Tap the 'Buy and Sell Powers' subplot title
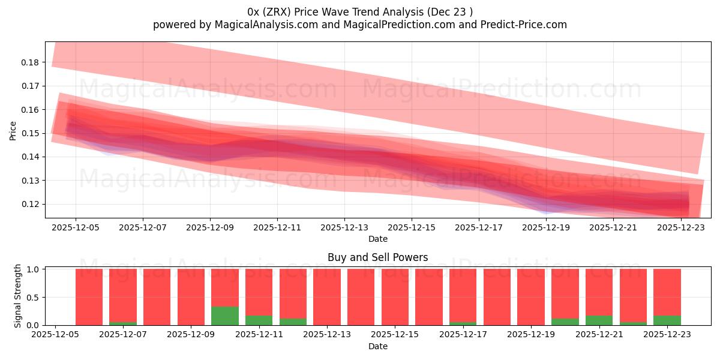[377, 257]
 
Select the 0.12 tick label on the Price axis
[30, 204]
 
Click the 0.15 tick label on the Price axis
[30, 133]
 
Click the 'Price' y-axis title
[13, 130]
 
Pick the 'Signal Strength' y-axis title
[18, 296]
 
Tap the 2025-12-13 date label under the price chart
[344, 228]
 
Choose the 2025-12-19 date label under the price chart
[546, 228]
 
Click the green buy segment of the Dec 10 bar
[225, 316]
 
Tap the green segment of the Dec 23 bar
[667, 320]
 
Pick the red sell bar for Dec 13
[327, 297]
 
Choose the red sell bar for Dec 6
[89, 297]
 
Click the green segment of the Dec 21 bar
[599, 320]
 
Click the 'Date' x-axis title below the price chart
[377, 239]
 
